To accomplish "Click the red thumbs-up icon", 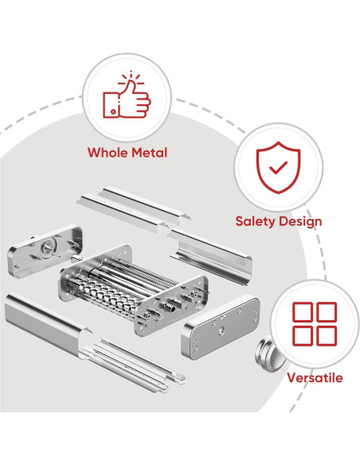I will coord(127,98).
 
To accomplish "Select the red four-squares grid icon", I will coord(314,322).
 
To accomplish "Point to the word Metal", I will coord(149,152).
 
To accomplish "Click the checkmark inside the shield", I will coord(278,167).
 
